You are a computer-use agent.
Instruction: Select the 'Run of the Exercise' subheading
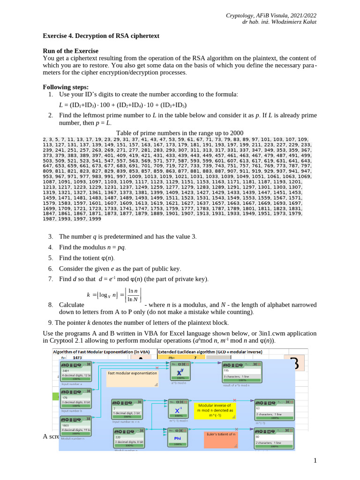point(71,51)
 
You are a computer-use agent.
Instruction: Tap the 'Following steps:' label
point(65,87)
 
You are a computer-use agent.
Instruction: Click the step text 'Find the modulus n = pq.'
point(93,247)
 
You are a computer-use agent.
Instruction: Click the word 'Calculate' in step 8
point(71,305)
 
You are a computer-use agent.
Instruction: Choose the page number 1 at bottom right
point(315,461)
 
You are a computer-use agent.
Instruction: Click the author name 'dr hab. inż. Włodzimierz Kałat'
point(279,22)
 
